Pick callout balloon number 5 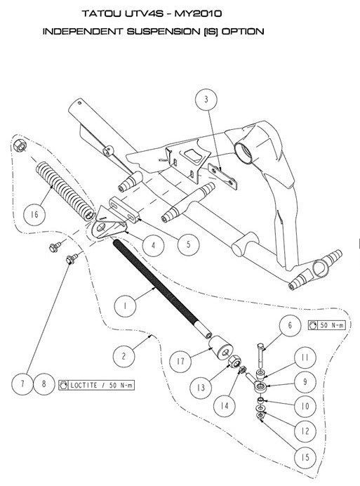(x=187, y=245)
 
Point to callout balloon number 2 (x=123, y=357)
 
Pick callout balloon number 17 (x=180, y=363)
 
